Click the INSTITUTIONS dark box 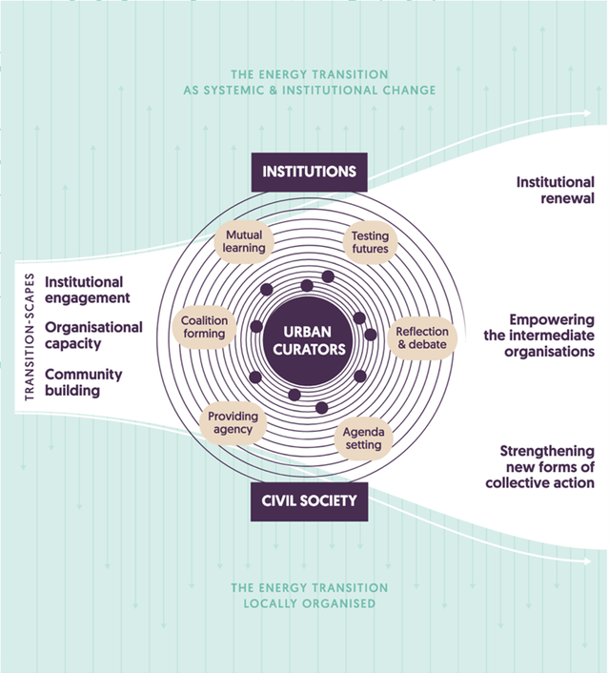click(x=309, y=172)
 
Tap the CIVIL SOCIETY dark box click(x=309, y=500)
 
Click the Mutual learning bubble click(x=245, y=240)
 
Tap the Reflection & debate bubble click(x=421, y=337)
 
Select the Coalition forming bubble click(x=204, y=328)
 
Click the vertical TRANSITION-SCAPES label click(x=30, y=337)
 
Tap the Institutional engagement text click(x=87, y=290)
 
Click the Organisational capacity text click(x=93, y=335)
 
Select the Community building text click(x=86, y=382)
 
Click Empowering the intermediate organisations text click(x=551, y=336)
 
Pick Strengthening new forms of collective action click(x=547, y=467)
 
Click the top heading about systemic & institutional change click(x=309, y=82)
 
